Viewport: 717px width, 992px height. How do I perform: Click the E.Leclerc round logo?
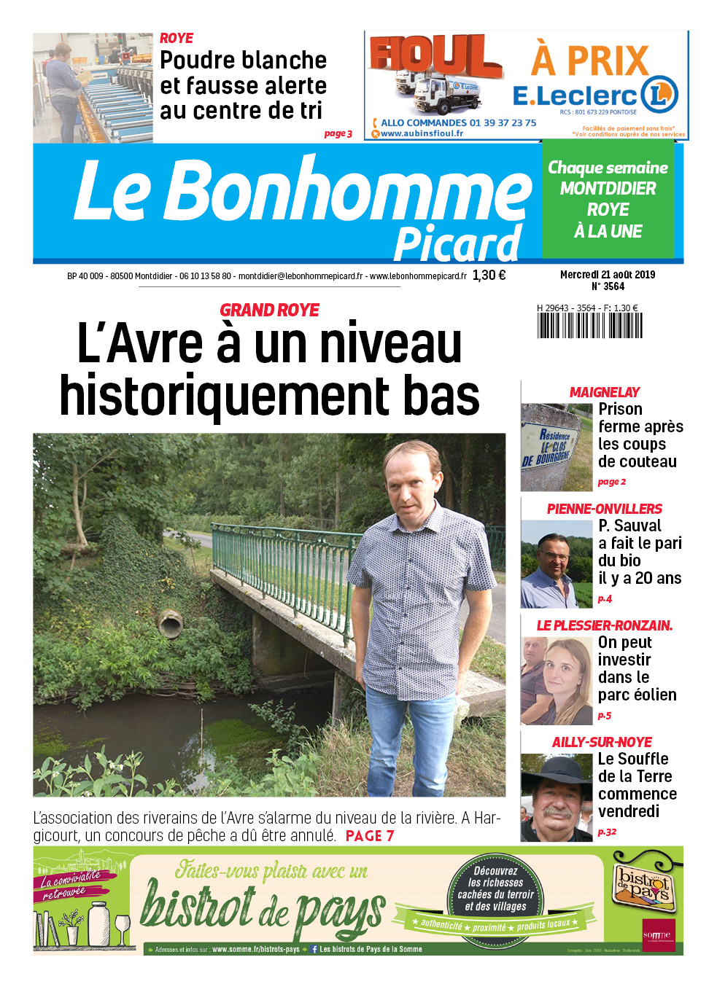(659, 95)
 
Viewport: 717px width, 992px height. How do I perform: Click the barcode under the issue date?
(589, 325)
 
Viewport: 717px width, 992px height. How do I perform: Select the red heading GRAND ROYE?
(269, 311)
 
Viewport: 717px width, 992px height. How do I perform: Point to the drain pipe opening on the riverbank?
(170, 624)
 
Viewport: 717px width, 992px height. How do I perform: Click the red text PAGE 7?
(370, 836)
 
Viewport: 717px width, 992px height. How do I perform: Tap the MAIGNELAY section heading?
(604, 392)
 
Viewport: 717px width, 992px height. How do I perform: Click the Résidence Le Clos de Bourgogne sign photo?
(556, 447)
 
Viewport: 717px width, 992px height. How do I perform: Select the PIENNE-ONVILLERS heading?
(604, 509)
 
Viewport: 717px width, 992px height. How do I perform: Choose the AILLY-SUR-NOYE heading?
(602, 742)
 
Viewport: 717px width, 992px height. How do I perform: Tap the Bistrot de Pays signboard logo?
(643, 884)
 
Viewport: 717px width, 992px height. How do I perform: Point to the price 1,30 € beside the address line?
(489, 276)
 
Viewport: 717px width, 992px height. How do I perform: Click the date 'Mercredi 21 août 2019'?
(607, 275)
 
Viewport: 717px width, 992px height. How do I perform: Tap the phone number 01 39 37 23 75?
(499, 123)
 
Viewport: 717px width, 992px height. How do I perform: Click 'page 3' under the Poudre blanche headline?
(338, 134)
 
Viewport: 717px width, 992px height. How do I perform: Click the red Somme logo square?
(658, 935)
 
